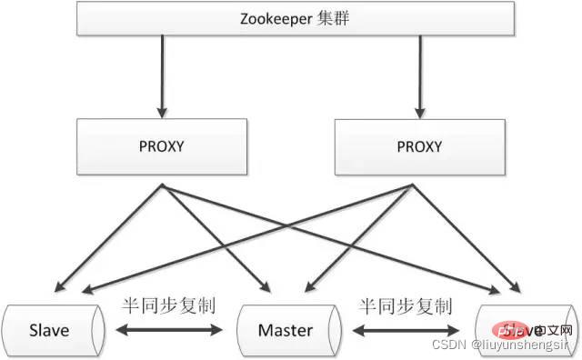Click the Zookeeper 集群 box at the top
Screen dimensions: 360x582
point(291,17)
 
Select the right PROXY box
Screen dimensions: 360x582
point(418,145)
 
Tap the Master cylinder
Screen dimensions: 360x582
point(286,329)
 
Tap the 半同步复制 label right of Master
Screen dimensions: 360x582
point(406,305)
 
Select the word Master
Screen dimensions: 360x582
point(286,329)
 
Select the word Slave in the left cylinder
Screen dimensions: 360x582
point(48,329)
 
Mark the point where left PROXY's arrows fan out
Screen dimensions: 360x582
point(163,186)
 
